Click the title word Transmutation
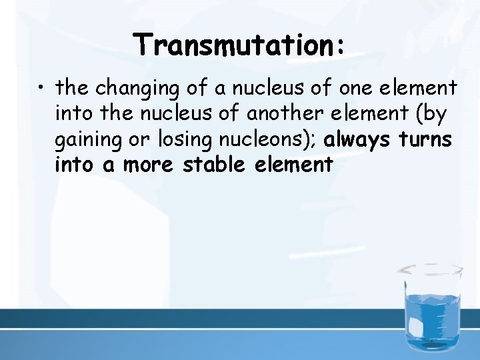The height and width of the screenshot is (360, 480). pyautogui.click(x=235, y=46)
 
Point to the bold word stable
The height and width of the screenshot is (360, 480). pyautogui.click(x=216, y=165)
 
